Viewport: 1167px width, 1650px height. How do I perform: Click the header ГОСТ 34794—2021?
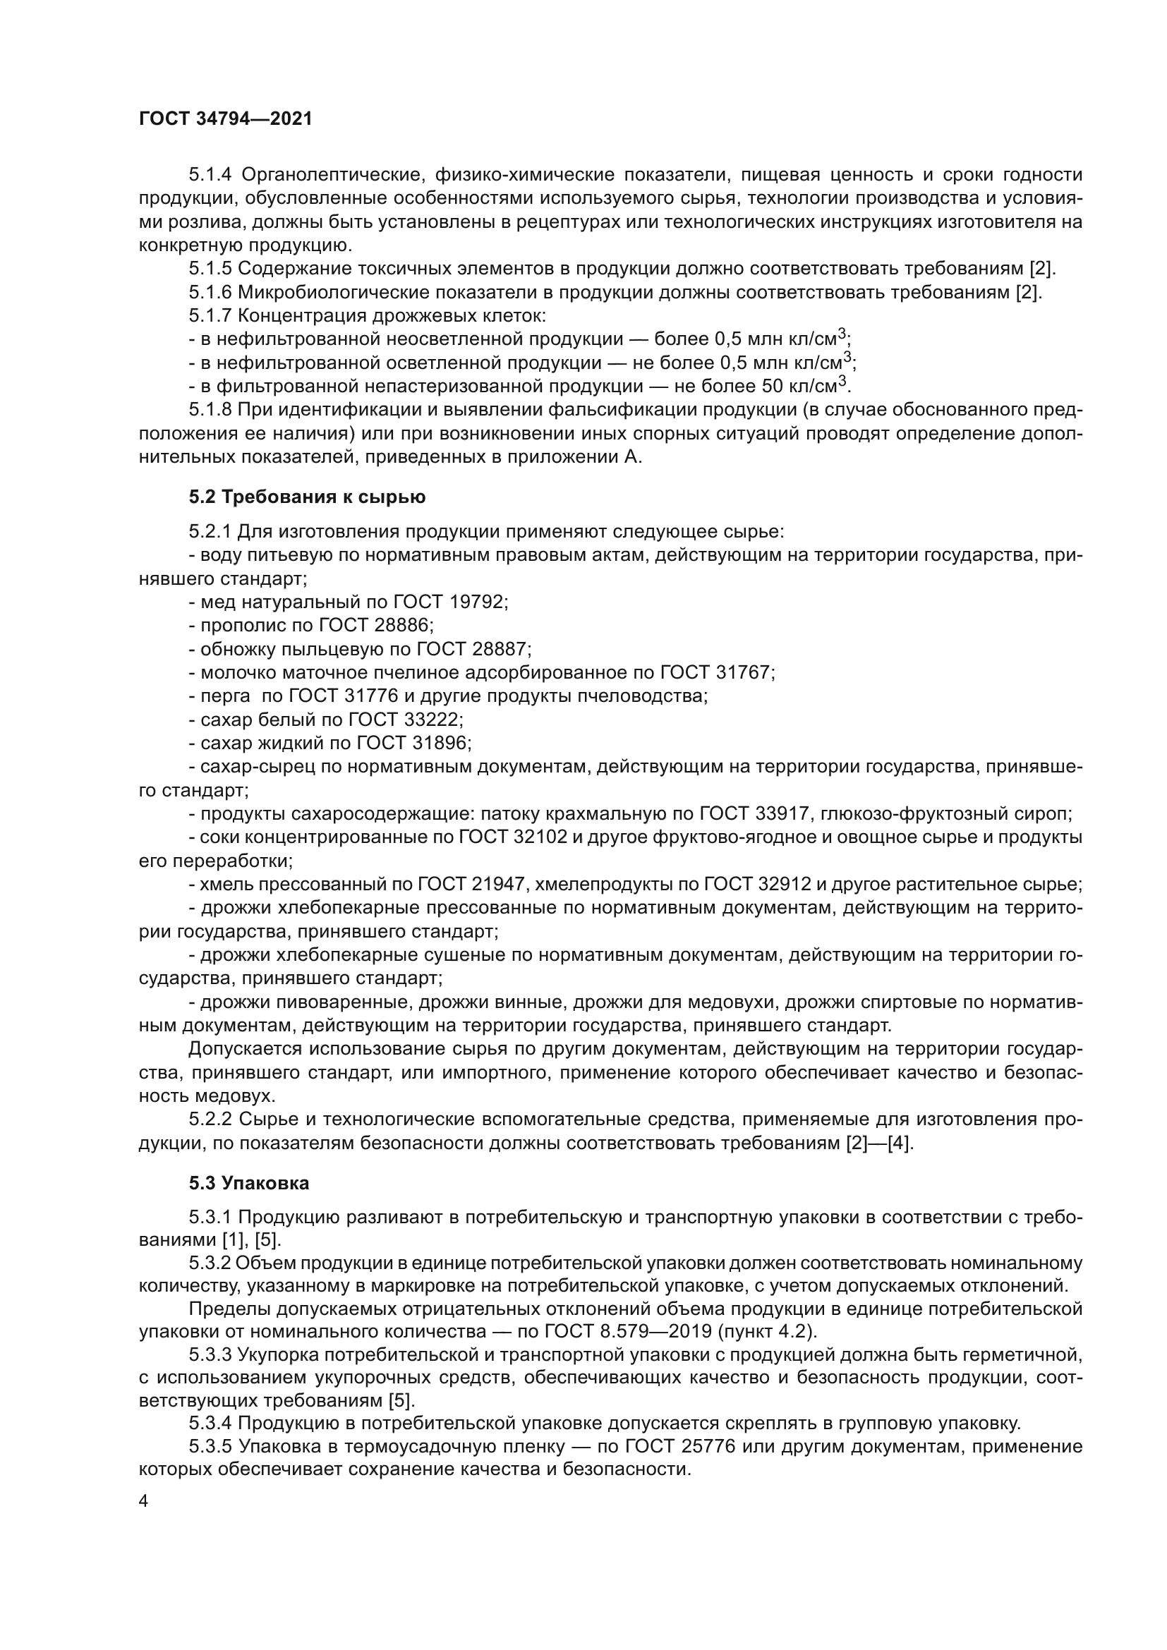point(226,119)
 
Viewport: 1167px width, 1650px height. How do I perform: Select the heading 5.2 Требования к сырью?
point(307,497)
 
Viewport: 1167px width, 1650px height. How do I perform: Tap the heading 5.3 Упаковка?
point(248,1183)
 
